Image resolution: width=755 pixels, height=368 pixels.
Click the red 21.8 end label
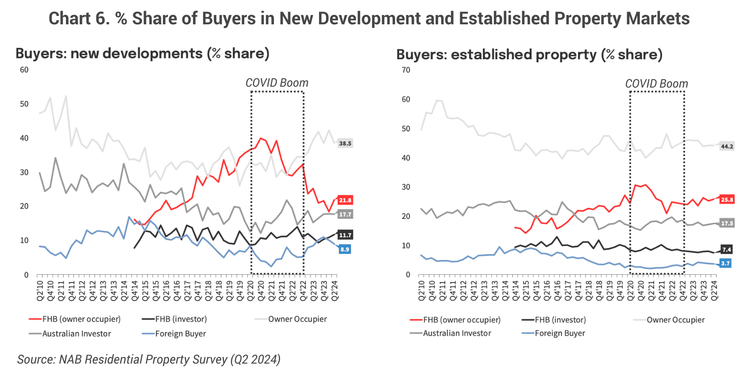pyautogui.click(x=345, y=200)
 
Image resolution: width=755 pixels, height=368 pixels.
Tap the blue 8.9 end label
pyautogui.click(x=344, y=249)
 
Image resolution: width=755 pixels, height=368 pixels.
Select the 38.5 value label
pyautogui.click(x=345, y=143)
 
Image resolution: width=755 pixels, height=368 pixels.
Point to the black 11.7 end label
pyautogui.click(x=345, y=235)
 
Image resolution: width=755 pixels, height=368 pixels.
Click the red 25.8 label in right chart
pyautogui.click(x=727, y=200)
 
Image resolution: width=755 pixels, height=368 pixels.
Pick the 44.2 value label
pyautogui.click(x=727, y=146)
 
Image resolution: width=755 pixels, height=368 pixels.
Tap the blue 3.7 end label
pyautogui.click(x=725, y=263)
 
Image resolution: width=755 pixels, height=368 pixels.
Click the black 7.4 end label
pyautogui.click(x=726, y=249)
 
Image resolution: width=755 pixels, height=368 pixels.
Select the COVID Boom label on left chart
pyautogui.click(x=277, y=83)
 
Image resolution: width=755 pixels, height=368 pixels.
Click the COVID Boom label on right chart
pyautogui.click(x=656, y=84)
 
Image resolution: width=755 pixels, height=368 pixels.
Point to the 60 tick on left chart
pyautogui.click(x=24, y=70)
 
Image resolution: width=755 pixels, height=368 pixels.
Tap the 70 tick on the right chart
pyautogui.click(x=406, y=70)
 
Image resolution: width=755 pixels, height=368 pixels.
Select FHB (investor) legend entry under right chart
pyautogui.click(x=560, y=320)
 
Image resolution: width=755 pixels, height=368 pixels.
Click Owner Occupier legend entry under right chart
pyautogui.click(x=675, y=320)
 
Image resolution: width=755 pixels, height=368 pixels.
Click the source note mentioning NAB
pyautogui.click(x=149, y=359)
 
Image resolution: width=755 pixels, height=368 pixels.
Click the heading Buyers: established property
pyautogui.click(x=529, y=54)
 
